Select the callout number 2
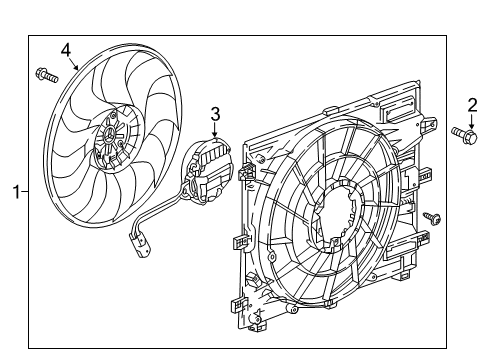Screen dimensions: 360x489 coord(471,104)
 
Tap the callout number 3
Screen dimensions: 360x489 coord(213,113)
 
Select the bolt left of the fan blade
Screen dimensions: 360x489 coord(45,73)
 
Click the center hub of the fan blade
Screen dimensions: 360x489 coord(110,139)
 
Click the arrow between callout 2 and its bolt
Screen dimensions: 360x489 coord(471,119)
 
